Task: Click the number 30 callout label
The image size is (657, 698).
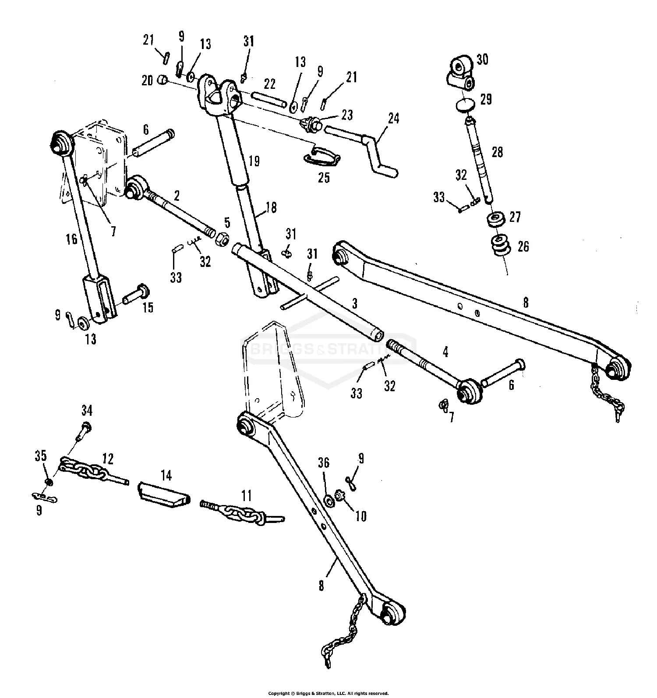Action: (x=482, y=59)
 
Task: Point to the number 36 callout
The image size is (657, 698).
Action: (x=324, y=463)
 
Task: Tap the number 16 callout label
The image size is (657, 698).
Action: (x=72, y=239)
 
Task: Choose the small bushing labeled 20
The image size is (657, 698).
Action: (x=163, y=80)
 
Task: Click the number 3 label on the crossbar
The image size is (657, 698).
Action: (x=355, y=303)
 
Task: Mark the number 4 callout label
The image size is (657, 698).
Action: (x=446, y=351)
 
